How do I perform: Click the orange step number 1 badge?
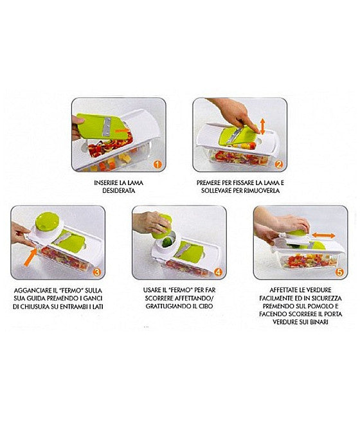[157, 165]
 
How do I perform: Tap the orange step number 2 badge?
[279, 165]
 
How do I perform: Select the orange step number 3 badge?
[96, 273]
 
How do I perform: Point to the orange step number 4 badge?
[218, 273]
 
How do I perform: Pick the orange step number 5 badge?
[339, 273]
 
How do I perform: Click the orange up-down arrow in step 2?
[262, 127]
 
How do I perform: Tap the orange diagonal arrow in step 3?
[30, 257]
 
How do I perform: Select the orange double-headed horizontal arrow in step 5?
[323, 236]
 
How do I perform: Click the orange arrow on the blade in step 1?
[122, 130]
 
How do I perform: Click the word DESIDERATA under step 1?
[119, 191]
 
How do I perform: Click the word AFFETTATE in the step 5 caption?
[283, 290]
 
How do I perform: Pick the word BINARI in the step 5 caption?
[319, 322]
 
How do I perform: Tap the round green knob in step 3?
[47, 221]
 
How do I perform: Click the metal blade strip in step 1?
[107, 127]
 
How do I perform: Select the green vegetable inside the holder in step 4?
[166, 242]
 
